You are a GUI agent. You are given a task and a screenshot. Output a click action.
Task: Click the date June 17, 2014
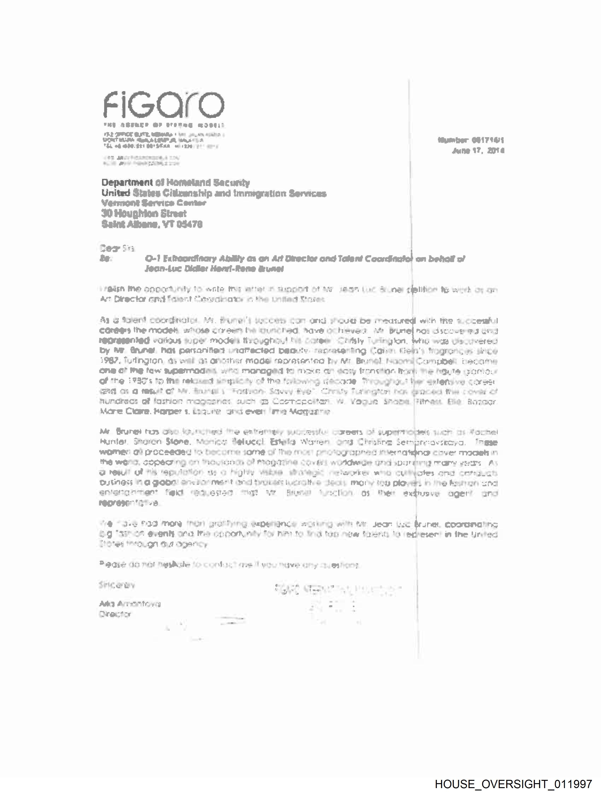click(478, 151)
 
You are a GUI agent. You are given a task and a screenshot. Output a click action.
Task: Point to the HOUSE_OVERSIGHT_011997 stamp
click(513, 784)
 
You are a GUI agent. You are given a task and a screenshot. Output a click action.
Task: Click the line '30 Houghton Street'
click(144, 214)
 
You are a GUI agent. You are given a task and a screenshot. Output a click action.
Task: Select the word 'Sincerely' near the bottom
click(117, 585)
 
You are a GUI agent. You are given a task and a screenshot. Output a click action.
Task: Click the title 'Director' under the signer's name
click(115, 614)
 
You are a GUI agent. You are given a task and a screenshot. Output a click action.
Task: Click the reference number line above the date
click(471, 140)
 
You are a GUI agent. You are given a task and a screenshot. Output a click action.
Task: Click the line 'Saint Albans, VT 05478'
click(152, 225)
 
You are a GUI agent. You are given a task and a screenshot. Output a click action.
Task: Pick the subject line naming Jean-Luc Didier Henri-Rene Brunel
click(214, 269)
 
